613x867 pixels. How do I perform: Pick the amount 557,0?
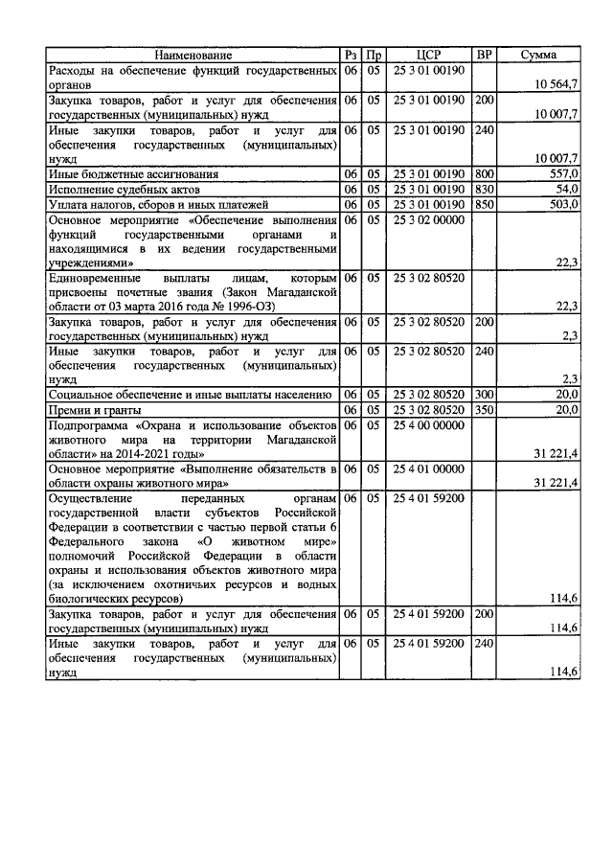pos(562,174)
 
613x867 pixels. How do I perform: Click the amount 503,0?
pos(562,205)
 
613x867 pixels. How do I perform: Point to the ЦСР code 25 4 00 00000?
pos(428,424)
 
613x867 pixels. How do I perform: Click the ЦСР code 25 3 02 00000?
pos(428,220)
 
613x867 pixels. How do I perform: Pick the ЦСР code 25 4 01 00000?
pos(428,469)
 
